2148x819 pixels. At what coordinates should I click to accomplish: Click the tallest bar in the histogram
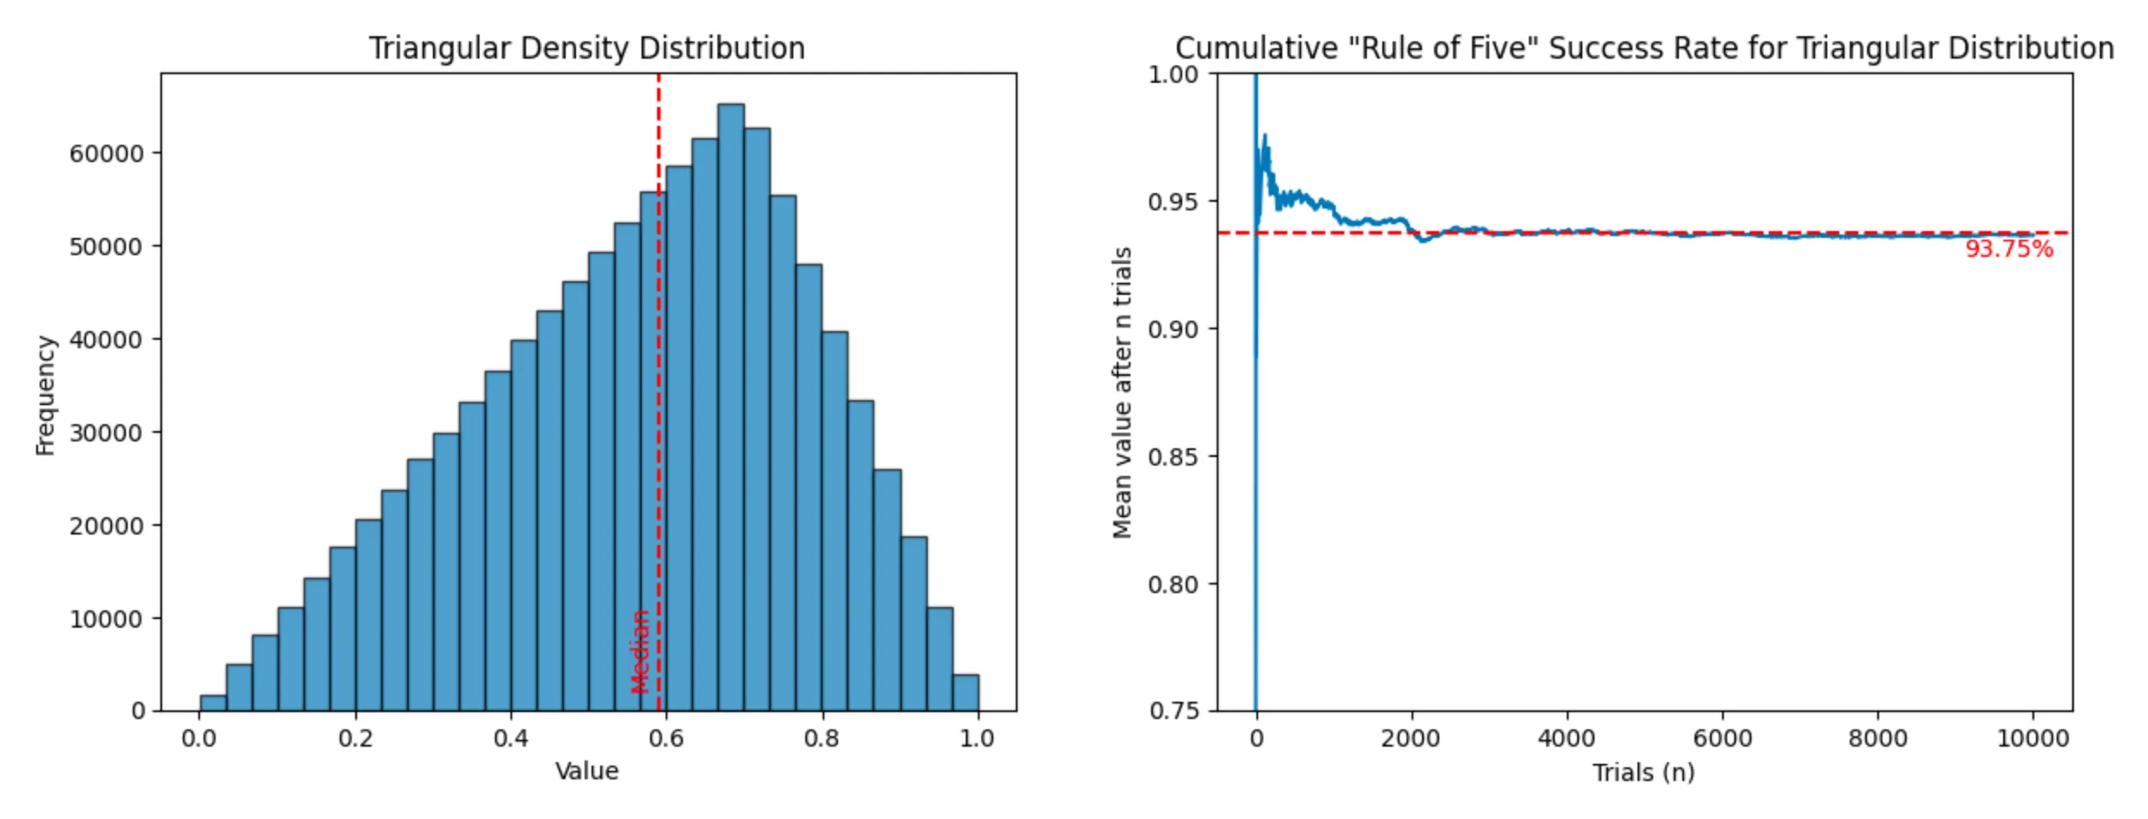tap(730, 405)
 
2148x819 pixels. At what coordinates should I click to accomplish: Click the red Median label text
tap(640, 652)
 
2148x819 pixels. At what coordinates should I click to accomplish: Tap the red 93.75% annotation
tap(2008, 249)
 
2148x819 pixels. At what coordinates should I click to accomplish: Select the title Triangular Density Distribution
tap(586, 48)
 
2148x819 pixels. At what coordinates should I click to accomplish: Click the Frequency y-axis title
tap(45, 395)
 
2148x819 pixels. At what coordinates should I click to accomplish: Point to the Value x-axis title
tap(586, 771)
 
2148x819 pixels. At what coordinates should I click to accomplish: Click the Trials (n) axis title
tap(1643, 772)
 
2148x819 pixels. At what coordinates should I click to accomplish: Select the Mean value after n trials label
tap(1121, 392)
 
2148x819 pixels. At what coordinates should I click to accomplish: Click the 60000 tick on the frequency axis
tap(105, 153)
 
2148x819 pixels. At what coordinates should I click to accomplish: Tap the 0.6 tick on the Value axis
tap(666, 739)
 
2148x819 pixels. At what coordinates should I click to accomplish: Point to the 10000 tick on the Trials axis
tap(2032, 739)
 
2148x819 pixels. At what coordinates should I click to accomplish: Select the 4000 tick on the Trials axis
tap(1566, 739)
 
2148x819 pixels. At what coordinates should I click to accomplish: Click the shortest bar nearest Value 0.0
tap(213, 703)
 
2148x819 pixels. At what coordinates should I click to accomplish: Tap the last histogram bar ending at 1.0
tap(965, 693)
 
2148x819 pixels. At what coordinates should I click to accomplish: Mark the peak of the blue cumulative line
tap(1265, 136)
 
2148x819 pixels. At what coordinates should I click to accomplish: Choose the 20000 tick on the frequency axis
tap(105, 526)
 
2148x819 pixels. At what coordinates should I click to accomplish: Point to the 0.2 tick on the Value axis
tap(355, 739)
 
